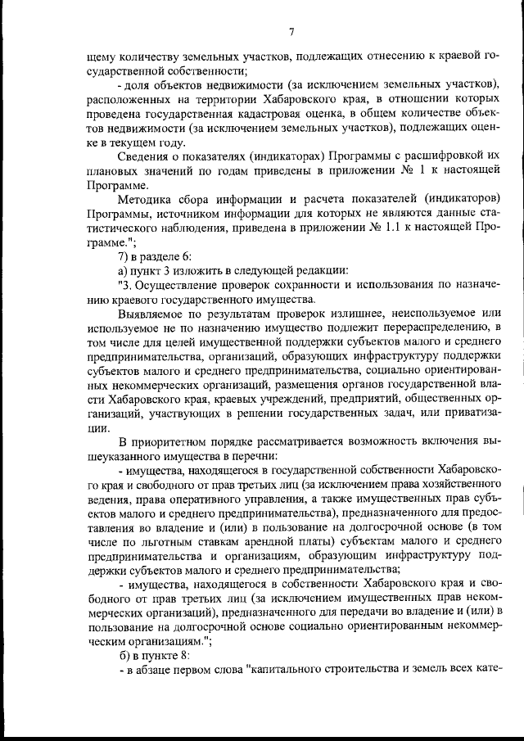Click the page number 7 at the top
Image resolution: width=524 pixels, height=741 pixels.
point(291,32)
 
